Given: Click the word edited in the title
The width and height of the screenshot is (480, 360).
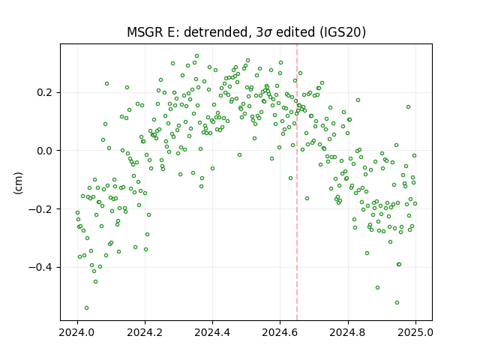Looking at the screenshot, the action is point(295,32).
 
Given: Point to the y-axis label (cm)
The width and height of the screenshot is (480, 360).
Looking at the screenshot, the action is point(18,183).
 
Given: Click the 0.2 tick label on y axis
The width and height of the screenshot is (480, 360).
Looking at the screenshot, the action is point(45,92).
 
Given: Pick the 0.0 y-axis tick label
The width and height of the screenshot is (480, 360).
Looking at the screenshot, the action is point(45,151).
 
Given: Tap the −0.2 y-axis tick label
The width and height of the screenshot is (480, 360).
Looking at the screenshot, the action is point(41,209).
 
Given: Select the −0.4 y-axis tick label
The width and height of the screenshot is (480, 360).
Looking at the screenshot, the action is point(41,267).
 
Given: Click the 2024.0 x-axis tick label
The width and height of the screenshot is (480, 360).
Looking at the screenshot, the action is point(77,332).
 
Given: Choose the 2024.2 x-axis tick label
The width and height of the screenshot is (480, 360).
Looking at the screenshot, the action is point(145,332).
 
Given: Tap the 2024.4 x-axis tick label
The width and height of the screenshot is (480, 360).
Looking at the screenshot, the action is point(212,332).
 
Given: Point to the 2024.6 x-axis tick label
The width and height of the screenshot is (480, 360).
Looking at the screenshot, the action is point(280,332).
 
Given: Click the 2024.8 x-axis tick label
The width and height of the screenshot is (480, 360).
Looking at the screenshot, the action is point(348,332).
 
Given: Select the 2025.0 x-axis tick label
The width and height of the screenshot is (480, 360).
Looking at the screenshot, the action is point(415,332).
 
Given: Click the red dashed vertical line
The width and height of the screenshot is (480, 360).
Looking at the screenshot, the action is point(297,182).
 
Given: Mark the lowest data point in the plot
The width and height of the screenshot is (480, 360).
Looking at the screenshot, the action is point(87,308).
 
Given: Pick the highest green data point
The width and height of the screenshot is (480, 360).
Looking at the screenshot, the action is point(196,56).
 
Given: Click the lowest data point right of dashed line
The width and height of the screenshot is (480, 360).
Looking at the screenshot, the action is point(397,303).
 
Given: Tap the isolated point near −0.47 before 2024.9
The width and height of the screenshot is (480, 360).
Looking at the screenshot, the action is point(377,288).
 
